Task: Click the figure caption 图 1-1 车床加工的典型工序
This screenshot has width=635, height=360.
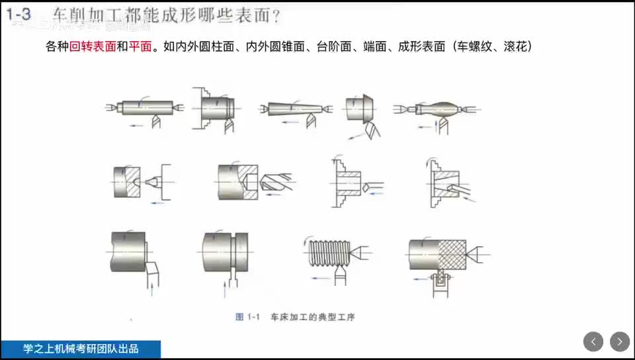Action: (x=295, y=317)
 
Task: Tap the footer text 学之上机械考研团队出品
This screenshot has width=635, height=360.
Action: (x=80, y=349)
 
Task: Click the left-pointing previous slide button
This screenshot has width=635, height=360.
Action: (x=593, y=341)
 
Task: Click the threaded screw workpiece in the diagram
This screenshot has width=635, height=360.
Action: (x=327, y=252)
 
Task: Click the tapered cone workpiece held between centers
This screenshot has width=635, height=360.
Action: (x=293, y=108)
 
